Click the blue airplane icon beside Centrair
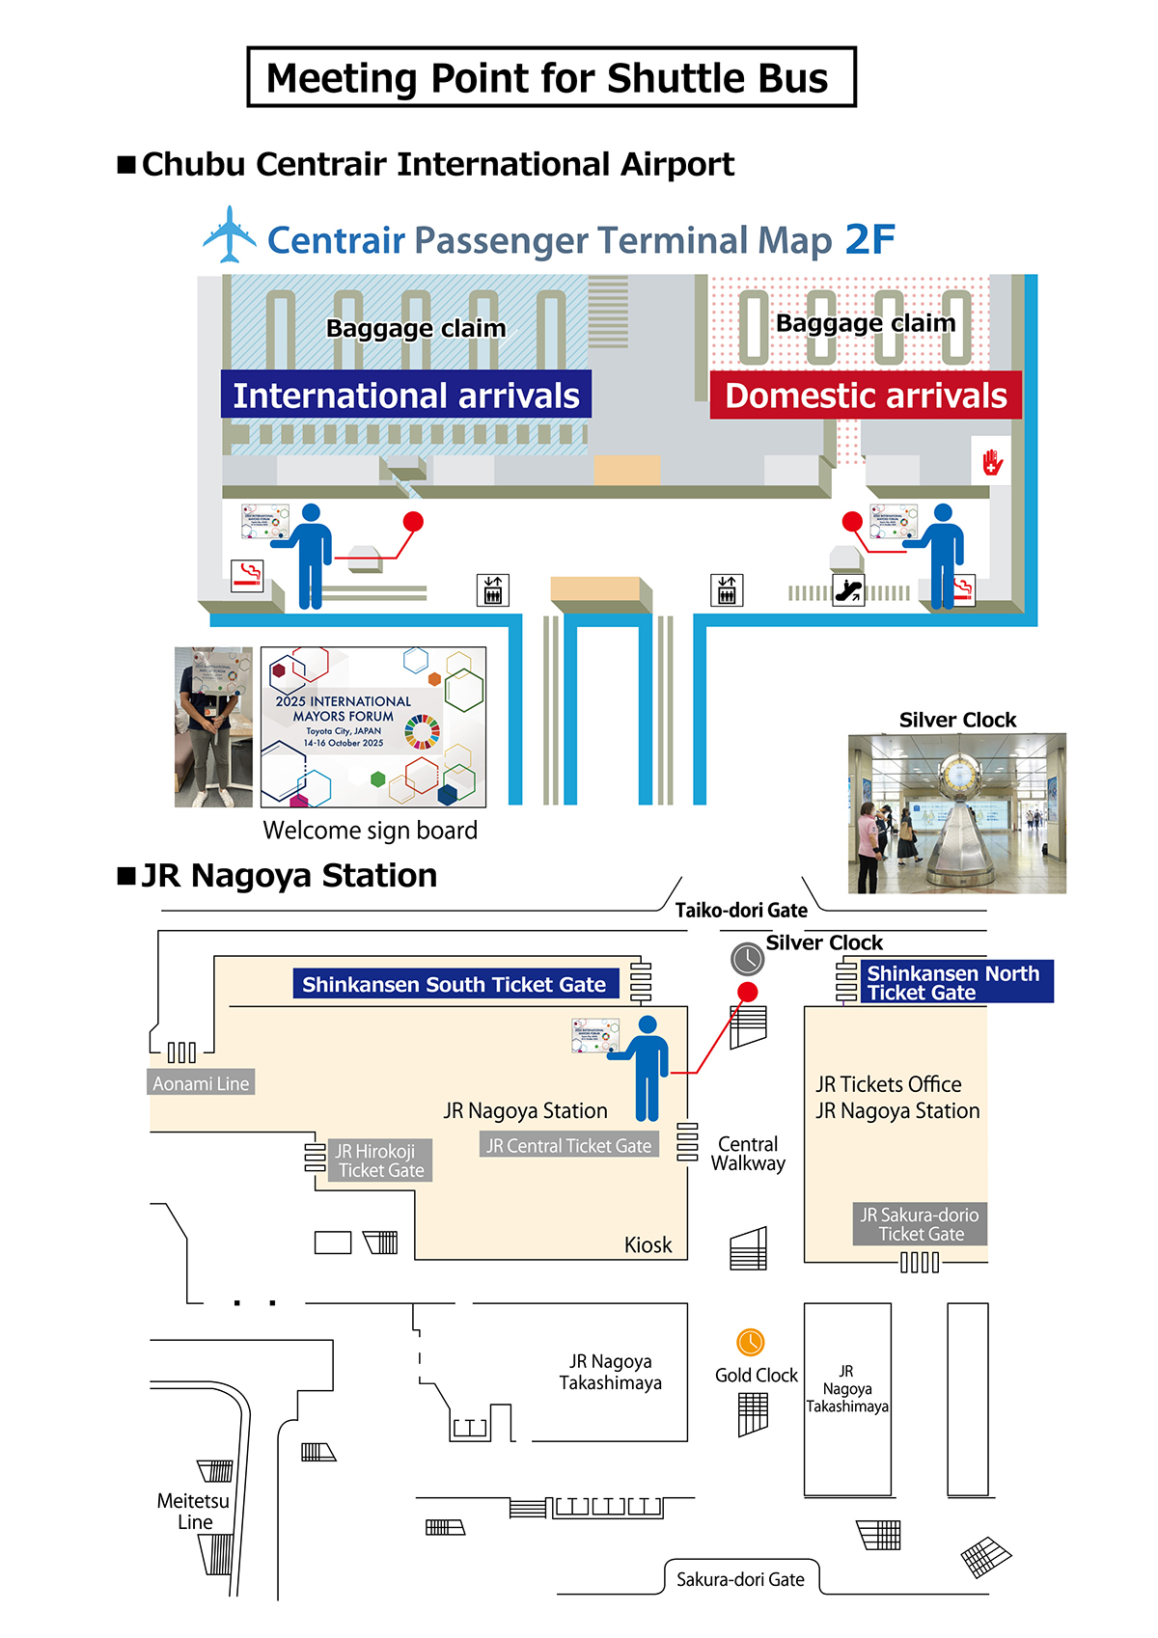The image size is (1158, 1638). coord(229,234)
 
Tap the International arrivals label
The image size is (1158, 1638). coord(406,396)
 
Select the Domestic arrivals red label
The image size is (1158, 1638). coord(866,396)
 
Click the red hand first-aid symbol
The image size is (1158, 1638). coord(992,463)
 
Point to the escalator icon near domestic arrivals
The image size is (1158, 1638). coord(849,589)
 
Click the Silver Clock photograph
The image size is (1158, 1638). coord(956,813)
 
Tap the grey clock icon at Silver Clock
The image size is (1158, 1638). coord(747,959)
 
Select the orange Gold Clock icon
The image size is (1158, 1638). coord(751,1342)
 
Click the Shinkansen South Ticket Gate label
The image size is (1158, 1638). coord(455,984)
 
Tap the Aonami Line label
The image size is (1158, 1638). coord(201,1083)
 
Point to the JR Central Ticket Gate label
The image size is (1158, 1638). coord(569,1145)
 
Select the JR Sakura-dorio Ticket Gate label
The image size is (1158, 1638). coord(920,1224)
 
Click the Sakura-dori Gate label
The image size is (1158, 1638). coord(740,1579)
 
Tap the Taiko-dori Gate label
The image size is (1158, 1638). coord(741,911)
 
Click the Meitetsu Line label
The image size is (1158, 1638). coord(194,1512)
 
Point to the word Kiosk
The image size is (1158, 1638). coord(648,1244)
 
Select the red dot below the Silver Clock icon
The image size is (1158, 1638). coord(747,992)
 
